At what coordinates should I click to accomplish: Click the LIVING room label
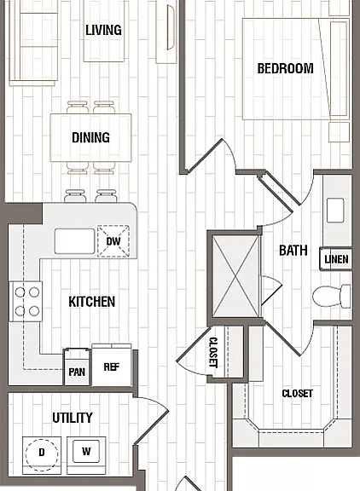pos(104,30)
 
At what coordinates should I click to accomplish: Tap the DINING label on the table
pos(91,138)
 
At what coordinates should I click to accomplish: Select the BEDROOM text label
pos(285,68)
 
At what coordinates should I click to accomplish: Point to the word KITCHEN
pos(92,302)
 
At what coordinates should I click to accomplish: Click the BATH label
pos(293,251)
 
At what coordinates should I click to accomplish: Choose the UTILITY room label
pos(73,418)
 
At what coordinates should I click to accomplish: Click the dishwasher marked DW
pos(113,241)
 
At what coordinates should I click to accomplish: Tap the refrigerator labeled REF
pos(112,365)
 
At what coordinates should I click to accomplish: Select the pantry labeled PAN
pos(77,367)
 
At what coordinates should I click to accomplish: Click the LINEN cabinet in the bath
pos(336,259)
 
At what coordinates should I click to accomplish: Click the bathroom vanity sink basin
pos(335,210)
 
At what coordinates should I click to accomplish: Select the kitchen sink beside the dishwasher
pos(74,241)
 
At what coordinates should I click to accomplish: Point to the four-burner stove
pos(26,302)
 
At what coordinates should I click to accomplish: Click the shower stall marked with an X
pos(236,277)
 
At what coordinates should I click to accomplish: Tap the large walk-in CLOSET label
pos(297,394)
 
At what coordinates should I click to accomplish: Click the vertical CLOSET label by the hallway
pos(213,352)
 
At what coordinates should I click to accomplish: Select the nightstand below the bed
pos(339,132)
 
